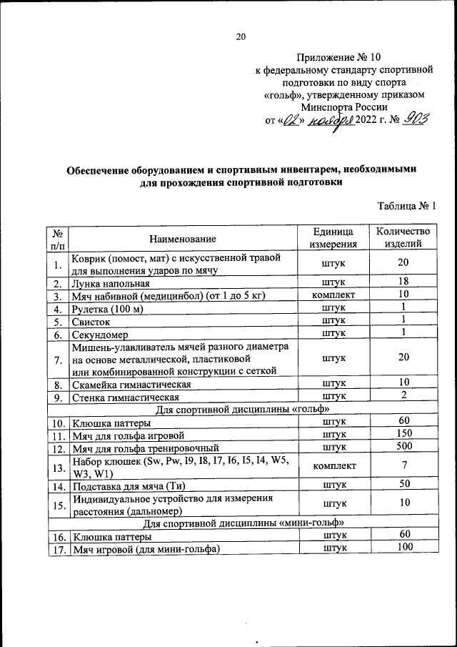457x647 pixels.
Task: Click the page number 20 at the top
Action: tap(241, 37)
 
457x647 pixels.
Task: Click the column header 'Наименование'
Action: tap(183, 238)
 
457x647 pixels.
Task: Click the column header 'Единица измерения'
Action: tap(333, 238)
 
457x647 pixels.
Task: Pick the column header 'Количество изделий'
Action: tap(403, 238)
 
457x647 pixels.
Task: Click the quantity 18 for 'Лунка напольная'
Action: tap(403, 282)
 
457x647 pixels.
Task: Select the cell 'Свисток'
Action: tap(92, 321)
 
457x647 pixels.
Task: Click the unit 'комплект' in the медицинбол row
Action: tap(333, 295)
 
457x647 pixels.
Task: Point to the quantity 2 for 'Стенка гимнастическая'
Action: tap(403, 395)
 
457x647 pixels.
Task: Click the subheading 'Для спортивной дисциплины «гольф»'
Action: tap(242, 408)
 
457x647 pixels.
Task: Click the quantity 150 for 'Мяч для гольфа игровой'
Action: tap(403, 434)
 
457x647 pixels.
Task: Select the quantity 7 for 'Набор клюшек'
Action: tap(403, 466)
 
